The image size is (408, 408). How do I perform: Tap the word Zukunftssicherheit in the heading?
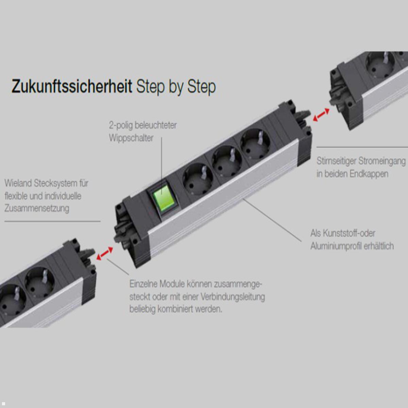tap(72, 86)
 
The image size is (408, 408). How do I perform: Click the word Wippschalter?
tap(131, 138)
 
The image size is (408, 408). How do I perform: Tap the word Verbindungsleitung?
tap(232, 297)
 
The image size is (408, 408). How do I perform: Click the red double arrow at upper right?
tap(321, 115)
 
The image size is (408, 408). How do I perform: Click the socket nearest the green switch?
tap(198, 179)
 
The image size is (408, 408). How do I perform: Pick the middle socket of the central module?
tap(226, 161)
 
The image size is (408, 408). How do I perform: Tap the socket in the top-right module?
tap(380, 65)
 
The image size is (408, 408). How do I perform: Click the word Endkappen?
tap(369, 174)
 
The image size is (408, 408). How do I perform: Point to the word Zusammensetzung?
tap(37, 208)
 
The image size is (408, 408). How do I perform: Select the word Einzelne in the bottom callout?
tap(143, 284)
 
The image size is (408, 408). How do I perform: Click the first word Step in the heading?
tap(150, 87)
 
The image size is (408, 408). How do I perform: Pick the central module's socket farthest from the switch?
tap(255, 144)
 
